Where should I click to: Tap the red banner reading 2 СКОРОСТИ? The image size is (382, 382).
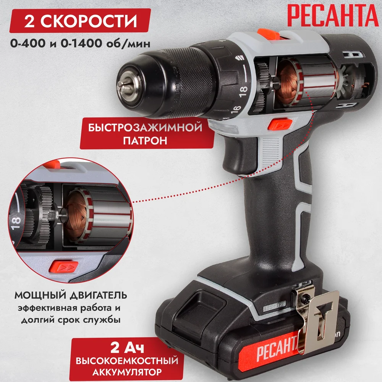tap(80, 21)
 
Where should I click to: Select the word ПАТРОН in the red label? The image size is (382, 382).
tap(145, 141)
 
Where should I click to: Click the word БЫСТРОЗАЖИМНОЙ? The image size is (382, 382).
tap(145, 128)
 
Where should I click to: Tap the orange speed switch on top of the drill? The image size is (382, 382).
tap(269, 34)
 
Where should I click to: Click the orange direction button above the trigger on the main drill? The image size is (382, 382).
tap(280, 124)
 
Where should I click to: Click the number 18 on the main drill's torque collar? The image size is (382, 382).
tap(243, 91)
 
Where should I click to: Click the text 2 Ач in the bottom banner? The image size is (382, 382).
tap(127, 348)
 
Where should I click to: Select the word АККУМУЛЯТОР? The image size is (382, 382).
tap(127, 372)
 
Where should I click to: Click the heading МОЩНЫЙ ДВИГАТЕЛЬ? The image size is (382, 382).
tap(71, 295)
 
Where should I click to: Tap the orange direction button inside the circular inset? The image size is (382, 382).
tap(63, 267)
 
